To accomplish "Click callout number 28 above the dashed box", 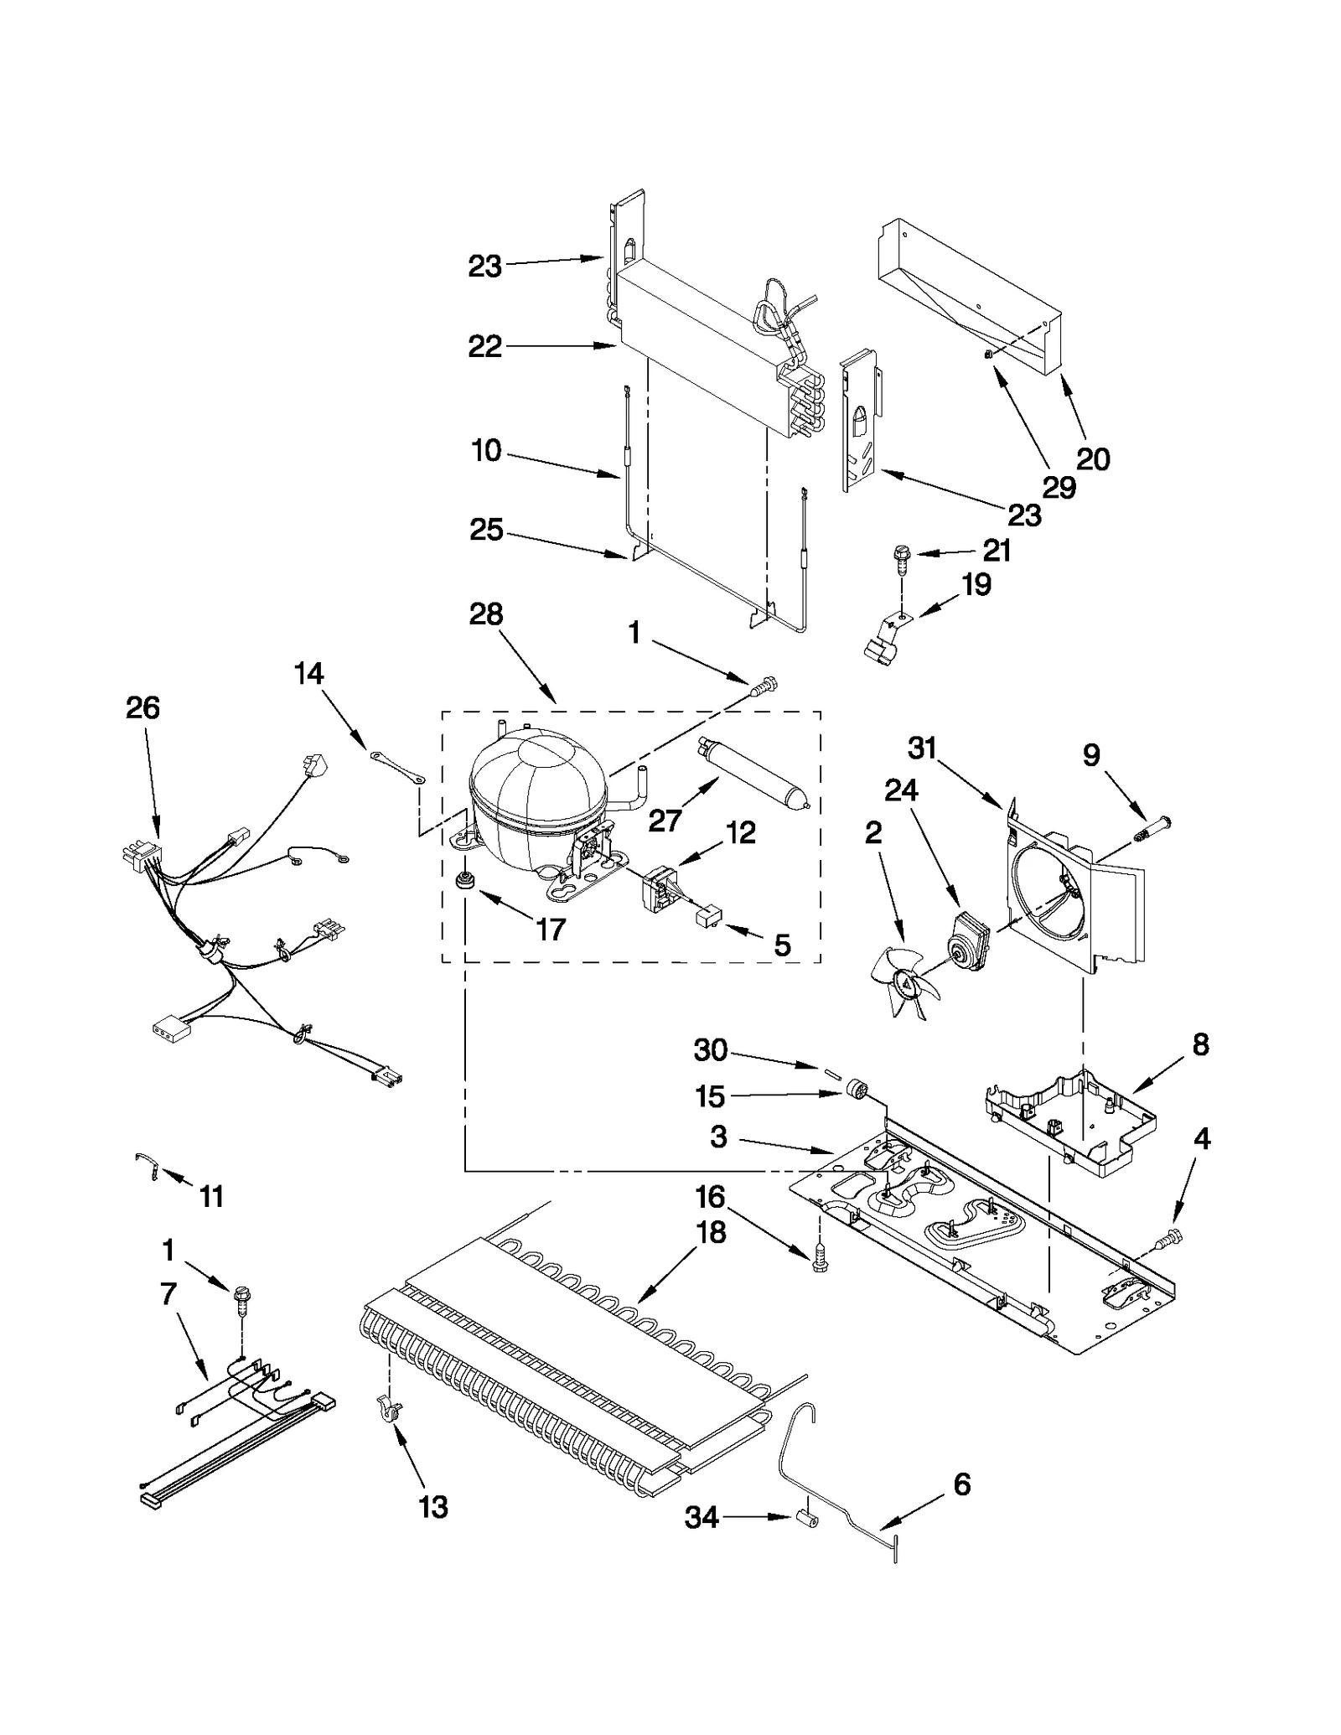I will (486, 614).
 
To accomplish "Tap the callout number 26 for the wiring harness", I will (142, 708).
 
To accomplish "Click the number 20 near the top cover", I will (1093, 459).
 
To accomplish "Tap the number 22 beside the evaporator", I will (484, 346).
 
